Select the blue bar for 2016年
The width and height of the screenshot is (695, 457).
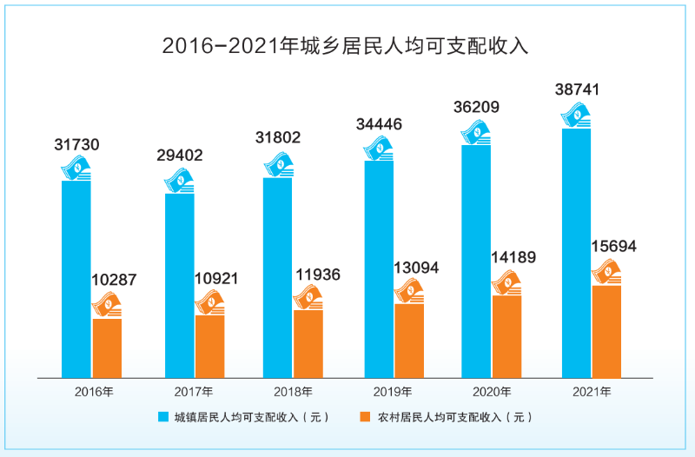(76, 278)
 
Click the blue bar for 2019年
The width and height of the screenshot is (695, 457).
(377, 269)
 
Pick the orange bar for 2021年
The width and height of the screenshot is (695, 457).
(606, 331)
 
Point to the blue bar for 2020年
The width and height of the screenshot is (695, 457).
(476, 261)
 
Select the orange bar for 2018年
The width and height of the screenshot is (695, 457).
(308, 343)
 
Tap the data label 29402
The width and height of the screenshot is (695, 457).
(178, 156)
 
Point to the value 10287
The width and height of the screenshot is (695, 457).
(114, 281)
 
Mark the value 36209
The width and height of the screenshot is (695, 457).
(475, 108)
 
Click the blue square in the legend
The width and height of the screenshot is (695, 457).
(163, 417)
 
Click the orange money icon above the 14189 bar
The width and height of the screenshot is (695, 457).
(506, 283)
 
